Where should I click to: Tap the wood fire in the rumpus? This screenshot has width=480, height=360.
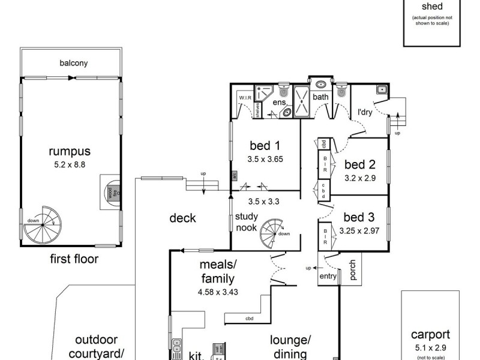tap(110, 192)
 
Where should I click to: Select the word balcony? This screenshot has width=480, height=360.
tap(73, 62)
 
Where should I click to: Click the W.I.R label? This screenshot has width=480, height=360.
tap(245, 97)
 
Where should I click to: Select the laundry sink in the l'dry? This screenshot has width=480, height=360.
tap(381, 90)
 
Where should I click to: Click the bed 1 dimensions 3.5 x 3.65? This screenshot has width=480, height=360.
tap(265, 160)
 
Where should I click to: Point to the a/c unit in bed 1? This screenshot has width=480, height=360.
tap(235, 176)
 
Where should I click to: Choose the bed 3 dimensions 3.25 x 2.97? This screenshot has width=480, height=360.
tap(359, 230)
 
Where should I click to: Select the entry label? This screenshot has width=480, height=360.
tap(328, 276)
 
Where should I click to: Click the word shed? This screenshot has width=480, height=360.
tap(432, 7)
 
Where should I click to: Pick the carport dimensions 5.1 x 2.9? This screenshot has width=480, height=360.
tap(430, 346)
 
